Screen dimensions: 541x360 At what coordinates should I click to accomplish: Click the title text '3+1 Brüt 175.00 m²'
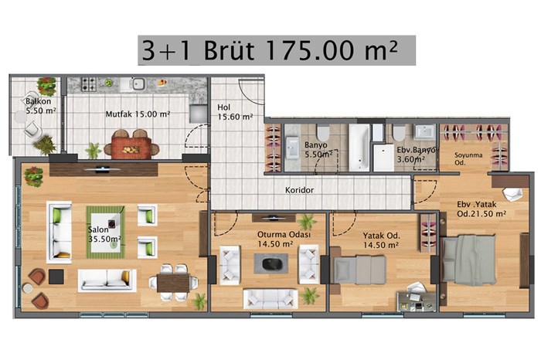pyautogui.click(x=270, y=50)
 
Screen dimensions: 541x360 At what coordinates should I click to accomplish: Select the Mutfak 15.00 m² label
pyautogui.click(x=138, y=114)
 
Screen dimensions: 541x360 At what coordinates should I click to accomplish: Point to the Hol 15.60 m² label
pyautogui.click(x=235, y=112)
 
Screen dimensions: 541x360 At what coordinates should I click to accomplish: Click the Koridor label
pyautogui.click(x=300, y=190)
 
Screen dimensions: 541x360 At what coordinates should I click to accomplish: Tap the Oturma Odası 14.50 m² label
pyautogui.click(x=284, y=239)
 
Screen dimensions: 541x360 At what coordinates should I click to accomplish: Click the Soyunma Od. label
pyautogui.click(x=468, y=158)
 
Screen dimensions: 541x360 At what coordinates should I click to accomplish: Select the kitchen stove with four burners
pyautogui.click(x=88, y=83)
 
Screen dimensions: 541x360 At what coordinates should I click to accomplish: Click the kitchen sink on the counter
pyautogui.click(x=138, y=83)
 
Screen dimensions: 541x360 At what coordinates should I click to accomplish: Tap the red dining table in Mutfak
pyautogui.click(x=131, y=148)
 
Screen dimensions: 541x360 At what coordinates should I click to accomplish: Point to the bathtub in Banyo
pyautogui.click(x=359, y=148)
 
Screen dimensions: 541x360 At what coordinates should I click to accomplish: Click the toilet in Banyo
pyautogui.click(x=323, y=133)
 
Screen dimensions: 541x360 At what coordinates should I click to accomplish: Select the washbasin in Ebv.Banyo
pyautogui.click(x=425, y=132)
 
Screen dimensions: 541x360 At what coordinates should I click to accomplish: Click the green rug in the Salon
pyautogui.click(x=106, y=232)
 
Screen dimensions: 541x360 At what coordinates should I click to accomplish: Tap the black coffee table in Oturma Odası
pyautogui.click(x=271, y=263)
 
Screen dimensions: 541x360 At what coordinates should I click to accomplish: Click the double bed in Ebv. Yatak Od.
pyautogui.click(x=469, y=260)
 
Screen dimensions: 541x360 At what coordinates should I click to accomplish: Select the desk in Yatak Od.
pyautogui.click(x=416, y=301)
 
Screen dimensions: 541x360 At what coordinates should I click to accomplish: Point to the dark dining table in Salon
pyautogui.click(x=173, y=283)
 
